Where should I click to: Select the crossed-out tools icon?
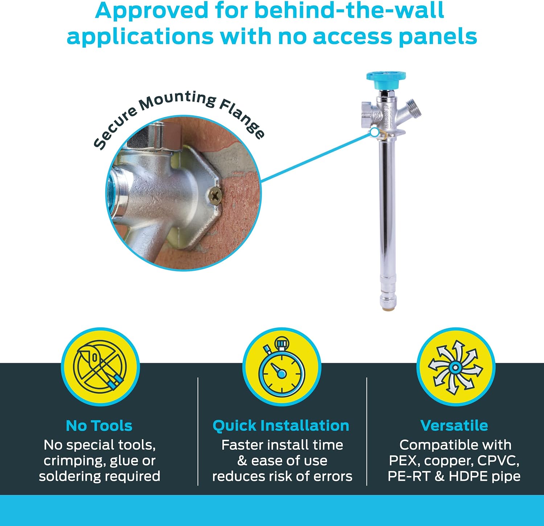click(100, 367)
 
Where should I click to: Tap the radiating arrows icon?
click(456, 367)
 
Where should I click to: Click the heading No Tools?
click(99, 426)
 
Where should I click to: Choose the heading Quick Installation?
click(281, 426)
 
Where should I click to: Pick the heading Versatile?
click(454, 425)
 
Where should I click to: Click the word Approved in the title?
click(152, 11)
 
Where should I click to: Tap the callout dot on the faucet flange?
click(374, 132)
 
